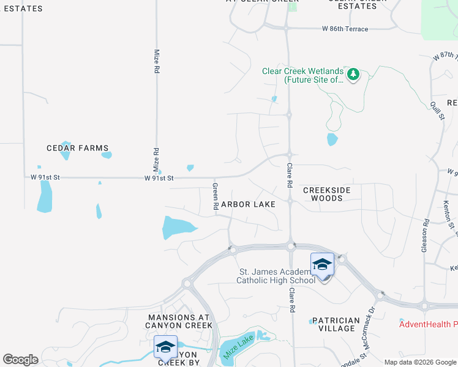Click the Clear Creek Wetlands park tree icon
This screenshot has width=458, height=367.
(x=353, y=75)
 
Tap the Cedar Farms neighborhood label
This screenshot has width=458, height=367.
(x=78, y=148)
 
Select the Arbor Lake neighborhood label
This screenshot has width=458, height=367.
(x=248, y=204)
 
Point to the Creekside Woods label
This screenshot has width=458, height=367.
(x=327, y=194)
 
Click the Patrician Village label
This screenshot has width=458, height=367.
(x=336, y=324)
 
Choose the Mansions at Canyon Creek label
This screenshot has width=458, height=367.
(x=179, y=321)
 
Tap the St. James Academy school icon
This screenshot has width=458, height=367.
(x=322, y=265)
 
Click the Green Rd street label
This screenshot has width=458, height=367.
(x=216, y=196)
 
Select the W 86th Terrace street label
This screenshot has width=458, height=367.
(x=345, y=29)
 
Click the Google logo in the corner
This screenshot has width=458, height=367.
(x=20, y=360)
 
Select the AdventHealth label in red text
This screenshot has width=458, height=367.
(x=428, y=324)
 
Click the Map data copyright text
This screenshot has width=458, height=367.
(x=421, y=362)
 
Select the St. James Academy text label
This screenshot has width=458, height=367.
(x=276, y=276)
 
